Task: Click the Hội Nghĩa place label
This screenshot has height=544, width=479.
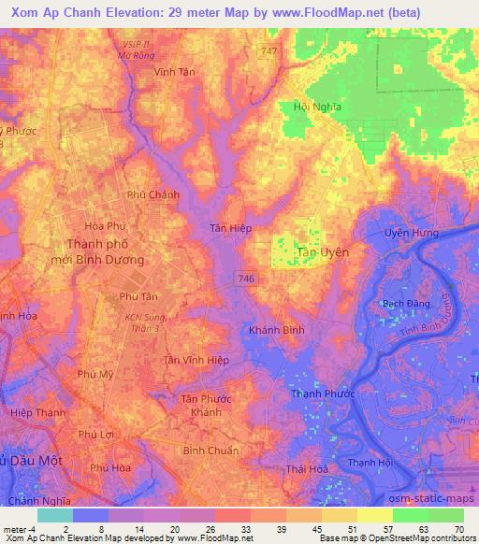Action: pos(313,107)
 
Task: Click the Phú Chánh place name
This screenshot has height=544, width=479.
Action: pos(152,194)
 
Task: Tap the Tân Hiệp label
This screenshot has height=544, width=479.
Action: pos(229,228)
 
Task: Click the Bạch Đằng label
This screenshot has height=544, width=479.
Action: pos(406,305)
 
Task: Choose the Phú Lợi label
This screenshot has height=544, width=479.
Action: pos(95,435)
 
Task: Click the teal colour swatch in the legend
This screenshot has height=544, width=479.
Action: pos(54,515)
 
